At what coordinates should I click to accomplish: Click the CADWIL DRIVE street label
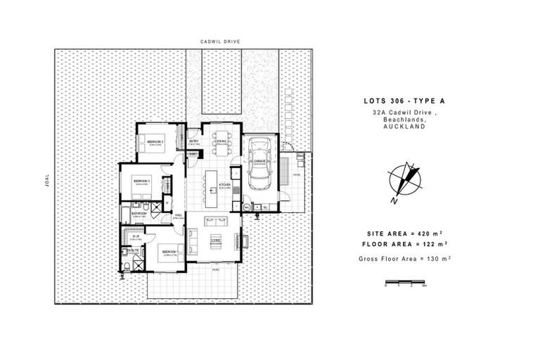pyautogui.click(x=221, y=41)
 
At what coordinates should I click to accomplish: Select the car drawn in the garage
pyautogui.click(x=260, y=166)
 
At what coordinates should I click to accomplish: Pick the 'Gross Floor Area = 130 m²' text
pyautogui.click(x=404, y=259)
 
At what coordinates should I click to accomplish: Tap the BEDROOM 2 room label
pyautogui.click(x=155, y=142)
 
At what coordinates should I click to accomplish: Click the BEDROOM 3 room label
pyautogui.click(x=141, y=181)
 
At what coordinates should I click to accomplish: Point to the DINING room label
pyautogui.click(x=221, y=142)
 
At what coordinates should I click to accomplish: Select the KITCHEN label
pyautogui.click(x=225, y=185)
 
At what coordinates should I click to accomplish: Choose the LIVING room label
pyautogui.click(x=215, y=240)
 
